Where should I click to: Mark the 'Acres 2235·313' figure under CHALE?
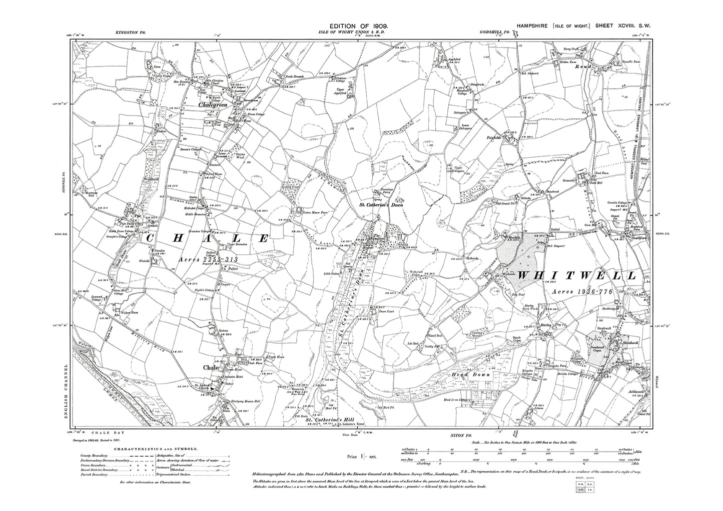pos(205,260)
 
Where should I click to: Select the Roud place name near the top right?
pos(584,66)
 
